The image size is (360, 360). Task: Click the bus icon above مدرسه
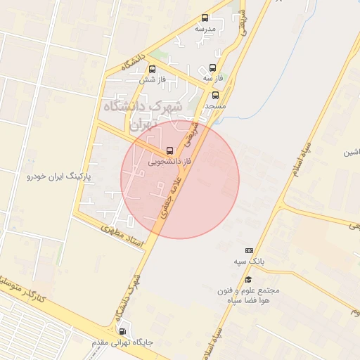(205, 18)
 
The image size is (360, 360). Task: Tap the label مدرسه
(205, 29)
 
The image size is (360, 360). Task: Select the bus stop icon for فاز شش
(152, 69)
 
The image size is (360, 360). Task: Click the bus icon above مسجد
(215, 94)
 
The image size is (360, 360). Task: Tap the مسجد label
(214, 105)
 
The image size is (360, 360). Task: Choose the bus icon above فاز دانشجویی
(169, 150)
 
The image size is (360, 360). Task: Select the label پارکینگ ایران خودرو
(54, 176)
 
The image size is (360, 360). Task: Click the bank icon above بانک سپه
(249, 250)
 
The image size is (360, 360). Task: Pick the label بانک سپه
(249, 262)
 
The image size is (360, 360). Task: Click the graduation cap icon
(249, 279)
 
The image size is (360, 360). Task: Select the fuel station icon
(124, 332)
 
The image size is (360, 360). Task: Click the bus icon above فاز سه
(212, 68)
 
